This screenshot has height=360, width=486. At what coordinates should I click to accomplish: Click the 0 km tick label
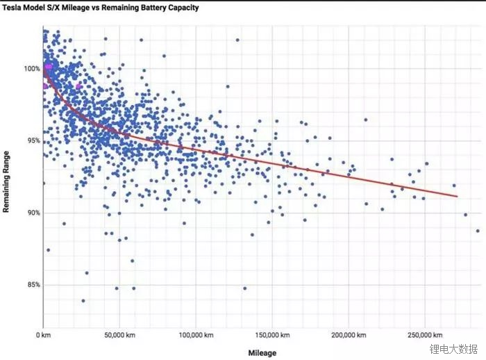tap(43, 334)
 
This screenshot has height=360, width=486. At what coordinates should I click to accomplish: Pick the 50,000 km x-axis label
tap(119, 334)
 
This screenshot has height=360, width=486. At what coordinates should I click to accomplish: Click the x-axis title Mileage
tap(262, 352)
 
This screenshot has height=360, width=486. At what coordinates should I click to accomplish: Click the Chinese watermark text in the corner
tap(453, 349)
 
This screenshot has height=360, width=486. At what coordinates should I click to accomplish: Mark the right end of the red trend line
tap(458, 197)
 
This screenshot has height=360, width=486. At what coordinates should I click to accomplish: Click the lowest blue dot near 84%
tap(83, 301)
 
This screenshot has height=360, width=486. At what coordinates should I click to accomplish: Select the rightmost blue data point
tap(478, 231)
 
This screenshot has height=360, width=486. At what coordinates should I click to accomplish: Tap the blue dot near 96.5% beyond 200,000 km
tap(366, 120)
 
